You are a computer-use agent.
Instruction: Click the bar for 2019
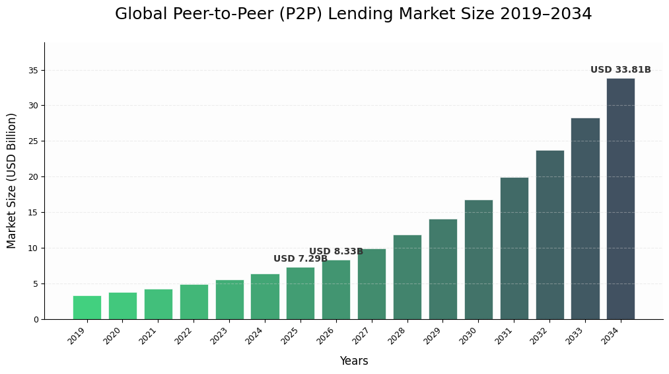[87, 307]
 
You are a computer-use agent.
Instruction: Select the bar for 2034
[621, 198]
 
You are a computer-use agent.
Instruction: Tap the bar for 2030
[478, 259]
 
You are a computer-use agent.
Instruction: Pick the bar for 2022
[194, 302]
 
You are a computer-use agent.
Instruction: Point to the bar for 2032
[549, 235]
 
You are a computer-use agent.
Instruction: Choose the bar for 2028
[407, 277]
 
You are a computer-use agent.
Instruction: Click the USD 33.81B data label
[620, 70]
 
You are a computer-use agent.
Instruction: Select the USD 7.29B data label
[300, 259]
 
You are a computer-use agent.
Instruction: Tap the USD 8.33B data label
[336, 252]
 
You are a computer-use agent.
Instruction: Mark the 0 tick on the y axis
[36, 320]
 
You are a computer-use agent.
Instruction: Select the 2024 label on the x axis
[254, 336]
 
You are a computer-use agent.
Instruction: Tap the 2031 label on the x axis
[503, 336]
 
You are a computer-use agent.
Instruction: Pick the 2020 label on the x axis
[112, 336]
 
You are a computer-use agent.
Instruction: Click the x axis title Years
[354, 361]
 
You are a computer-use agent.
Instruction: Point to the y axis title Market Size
[12, 180]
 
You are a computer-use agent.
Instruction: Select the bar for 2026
[336, 289]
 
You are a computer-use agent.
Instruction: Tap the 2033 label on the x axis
[575, 336]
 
